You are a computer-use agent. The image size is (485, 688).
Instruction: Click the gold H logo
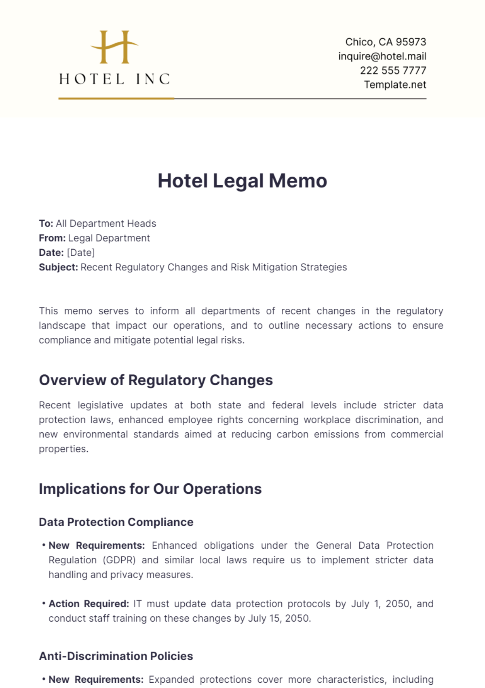pos(114,47)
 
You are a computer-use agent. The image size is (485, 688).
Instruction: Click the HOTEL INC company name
pos(114,79)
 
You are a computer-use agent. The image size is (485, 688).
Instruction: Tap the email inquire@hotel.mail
pos(382,56)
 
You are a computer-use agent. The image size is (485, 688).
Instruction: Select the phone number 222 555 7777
pos(393,70)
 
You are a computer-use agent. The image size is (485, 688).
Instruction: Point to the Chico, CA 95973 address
pos(386,42)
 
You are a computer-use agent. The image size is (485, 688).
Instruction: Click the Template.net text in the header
pos(395,85)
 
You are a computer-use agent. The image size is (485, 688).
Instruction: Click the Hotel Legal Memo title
pos(242,181)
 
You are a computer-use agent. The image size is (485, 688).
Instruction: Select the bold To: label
pos(46,223)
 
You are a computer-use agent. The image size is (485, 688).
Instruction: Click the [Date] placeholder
pos(81,253)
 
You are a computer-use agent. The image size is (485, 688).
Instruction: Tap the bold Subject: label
pos(58,267)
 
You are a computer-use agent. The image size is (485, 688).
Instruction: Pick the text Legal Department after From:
pos(109,238)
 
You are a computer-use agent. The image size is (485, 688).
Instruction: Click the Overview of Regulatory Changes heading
pos(156,380)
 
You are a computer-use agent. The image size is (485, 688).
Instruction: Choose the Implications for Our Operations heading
pos(150,489)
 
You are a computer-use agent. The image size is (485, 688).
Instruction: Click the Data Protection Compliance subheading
pos(116,522)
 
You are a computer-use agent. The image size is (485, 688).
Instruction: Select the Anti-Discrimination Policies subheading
pos(116,656)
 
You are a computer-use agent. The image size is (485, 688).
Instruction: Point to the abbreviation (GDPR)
pos(119,560)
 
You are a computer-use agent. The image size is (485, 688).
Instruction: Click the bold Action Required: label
pos(89,604)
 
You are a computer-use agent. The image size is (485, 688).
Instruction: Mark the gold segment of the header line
pos(116,98)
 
